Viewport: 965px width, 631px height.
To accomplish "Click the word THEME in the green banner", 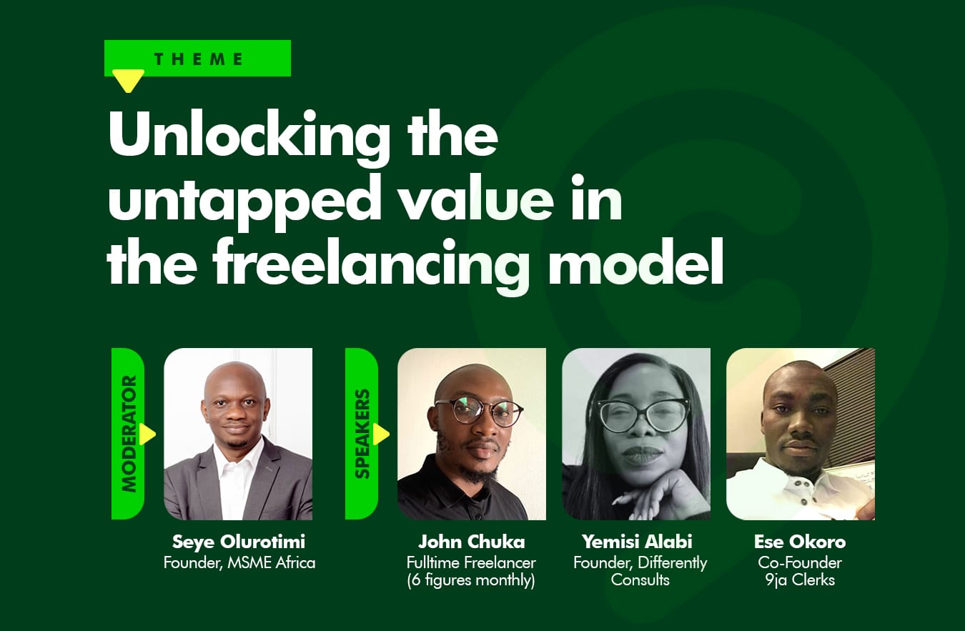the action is click(199, 59).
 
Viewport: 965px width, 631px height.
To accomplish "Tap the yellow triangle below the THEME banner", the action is click(128, 80).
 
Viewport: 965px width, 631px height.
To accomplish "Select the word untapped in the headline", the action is click(245, 199).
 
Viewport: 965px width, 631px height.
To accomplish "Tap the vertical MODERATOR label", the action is click(129, 433).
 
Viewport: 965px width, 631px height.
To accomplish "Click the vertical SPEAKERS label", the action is click(362, 433).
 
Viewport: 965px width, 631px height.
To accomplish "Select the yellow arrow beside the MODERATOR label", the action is click(147, 434).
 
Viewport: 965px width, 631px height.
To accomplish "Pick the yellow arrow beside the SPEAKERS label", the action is click(381, 434).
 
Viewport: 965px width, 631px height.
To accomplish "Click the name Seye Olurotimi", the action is click(239, 542).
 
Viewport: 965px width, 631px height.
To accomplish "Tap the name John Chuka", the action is click(472, 542).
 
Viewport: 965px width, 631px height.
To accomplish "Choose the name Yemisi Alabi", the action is click(637, 542).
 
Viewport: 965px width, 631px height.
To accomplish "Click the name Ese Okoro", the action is click(800, 542).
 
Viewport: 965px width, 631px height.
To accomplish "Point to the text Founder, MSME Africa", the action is click(239, 563).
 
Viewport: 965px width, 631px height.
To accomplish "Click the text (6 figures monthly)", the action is click(471, 580).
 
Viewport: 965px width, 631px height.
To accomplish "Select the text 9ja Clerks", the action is click(800, 580).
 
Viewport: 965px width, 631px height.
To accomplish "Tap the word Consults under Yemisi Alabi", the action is click(640, 580).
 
